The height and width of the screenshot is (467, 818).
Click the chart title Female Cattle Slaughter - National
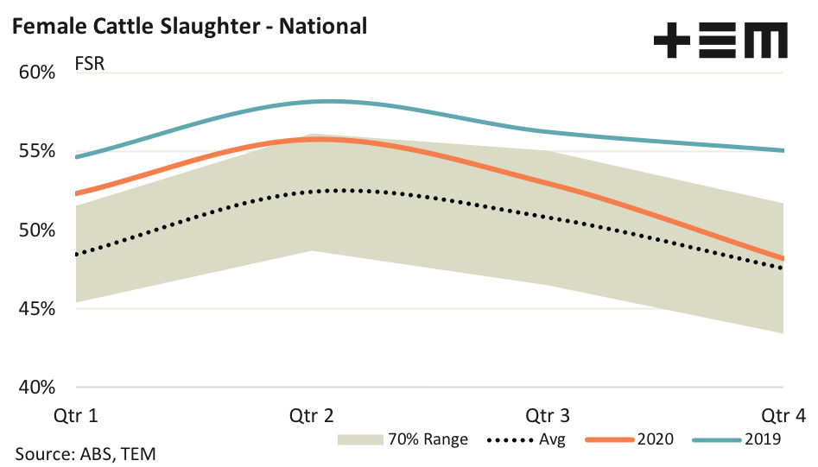[189, 27]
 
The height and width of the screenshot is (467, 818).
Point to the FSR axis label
[90, 65]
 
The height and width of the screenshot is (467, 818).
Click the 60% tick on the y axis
[37, 73]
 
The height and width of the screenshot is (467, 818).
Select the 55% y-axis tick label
[37, 151]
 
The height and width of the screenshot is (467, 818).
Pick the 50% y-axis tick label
[37, 230]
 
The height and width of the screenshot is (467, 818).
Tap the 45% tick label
[37, 308]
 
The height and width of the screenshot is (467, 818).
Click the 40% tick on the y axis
[37, 387]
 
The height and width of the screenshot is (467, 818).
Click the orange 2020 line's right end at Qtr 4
[783, 258]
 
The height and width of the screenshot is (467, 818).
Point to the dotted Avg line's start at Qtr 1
[77, 255]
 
